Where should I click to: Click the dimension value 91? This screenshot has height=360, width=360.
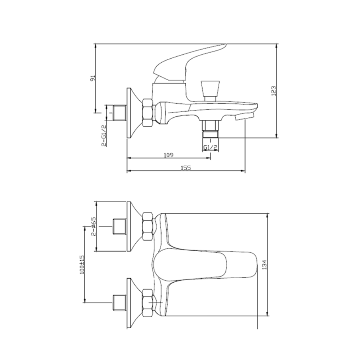pos(93,78)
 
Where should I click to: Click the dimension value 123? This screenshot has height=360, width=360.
pos(274,91)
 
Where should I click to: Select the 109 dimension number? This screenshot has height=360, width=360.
pos(168,155)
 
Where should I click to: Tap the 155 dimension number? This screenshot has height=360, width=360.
pos(186,168)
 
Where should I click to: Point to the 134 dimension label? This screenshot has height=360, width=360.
pos(265,265)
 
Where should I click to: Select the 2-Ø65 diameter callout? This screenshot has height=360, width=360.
pos(94,226)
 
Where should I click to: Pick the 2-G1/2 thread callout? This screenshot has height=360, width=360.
pos(104,136)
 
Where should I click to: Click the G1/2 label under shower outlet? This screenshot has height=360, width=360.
pos(211,147)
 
